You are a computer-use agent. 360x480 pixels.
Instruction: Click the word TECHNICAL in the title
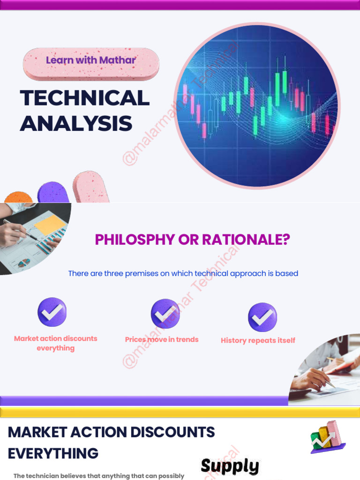[x=85, y=98]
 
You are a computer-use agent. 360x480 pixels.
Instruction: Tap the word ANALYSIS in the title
[x=76, y=123]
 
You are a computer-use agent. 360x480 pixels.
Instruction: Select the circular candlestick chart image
[x=257, y=106]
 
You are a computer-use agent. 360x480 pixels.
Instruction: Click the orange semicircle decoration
[x=18, y=197]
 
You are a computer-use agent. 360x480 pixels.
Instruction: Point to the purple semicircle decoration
[x=53, y=193]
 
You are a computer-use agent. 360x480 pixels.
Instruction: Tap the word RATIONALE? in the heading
[x=246, y=240]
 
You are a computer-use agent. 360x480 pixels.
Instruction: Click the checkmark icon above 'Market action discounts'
[x=52, y=312]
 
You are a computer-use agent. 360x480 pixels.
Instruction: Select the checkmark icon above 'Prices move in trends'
[x=165, y=314]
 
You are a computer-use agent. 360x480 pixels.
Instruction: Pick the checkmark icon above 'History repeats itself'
[x=262, y=317]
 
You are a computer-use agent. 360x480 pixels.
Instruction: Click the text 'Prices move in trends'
[x=162, y=339]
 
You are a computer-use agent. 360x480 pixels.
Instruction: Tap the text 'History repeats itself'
[x=258, y=340]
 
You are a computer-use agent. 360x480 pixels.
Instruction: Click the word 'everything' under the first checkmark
[x=56, y=348]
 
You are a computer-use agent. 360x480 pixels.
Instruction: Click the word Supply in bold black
[x=230, y=466]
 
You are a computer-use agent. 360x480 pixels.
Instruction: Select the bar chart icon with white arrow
[x=327, y=437]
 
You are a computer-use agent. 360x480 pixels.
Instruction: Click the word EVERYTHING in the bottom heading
[x=53, y=453]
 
